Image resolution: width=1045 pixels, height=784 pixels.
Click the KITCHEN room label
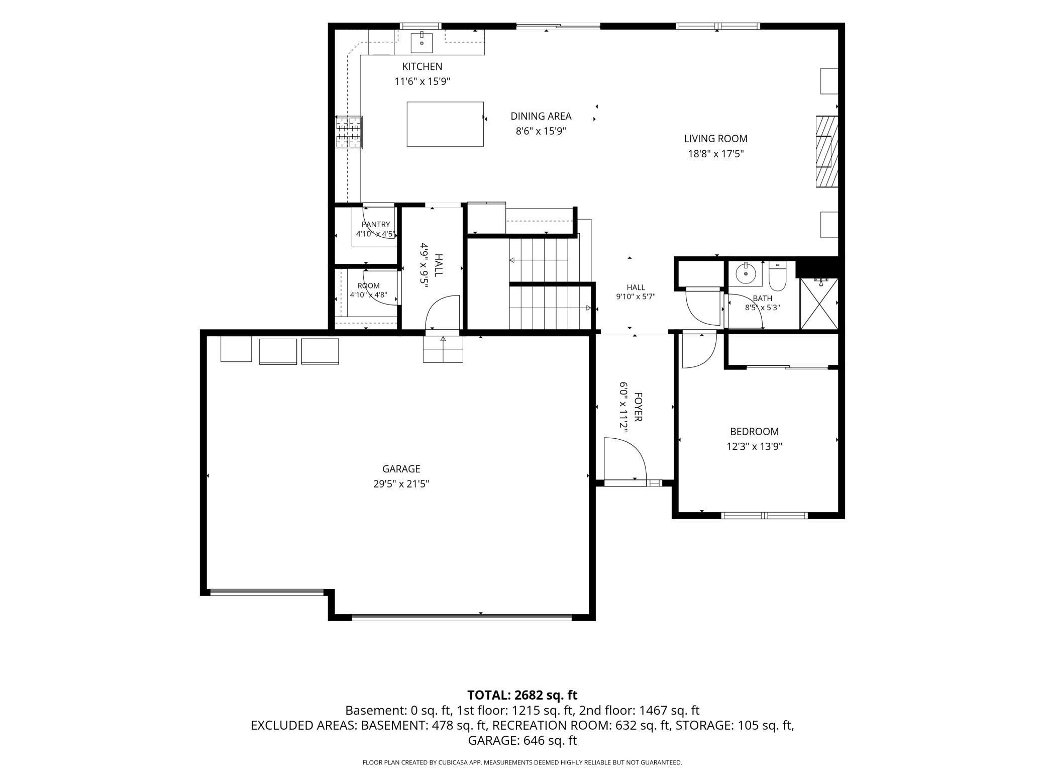422,66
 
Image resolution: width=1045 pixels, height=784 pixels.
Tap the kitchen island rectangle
445,124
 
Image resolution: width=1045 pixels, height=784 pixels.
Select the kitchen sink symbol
422,42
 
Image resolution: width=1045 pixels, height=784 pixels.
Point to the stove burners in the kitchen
349,132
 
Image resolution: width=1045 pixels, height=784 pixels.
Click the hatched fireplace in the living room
826,151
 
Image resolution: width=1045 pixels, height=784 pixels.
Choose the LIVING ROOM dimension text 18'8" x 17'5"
715,154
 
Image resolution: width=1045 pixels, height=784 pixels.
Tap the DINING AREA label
541,116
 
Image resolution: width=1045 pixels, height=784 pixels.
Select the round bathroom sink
746,274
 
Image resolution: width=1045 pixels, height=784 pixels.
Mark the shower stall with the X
819,304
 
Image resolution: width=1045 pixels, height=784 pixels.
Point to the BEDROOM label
754,431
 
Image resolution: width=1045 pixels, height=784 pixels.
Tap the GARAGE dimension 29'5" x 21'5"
400,484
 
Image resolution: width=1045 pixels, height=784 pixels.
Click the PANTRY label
375,225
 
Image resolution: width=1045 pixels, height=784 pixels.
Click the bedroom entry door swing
699,351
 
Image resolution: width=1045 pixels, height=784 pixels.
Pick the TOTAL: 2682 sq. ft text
522,695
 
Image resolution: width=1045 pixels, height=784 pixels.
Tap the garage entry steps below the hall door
443,349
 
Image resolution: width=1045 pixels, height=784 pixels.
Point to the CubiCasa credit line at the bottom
522,762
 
